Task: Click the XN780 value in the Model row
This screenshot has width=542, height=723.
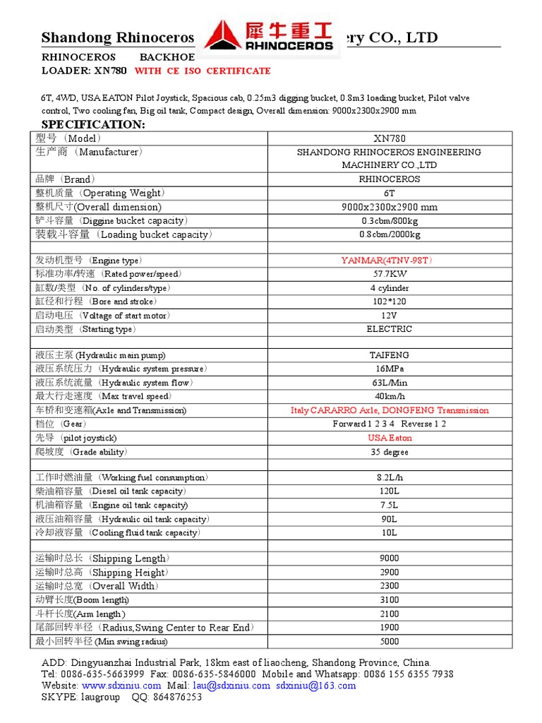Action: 390,138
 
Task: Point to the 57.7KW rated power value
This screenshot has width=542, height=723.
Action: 390,274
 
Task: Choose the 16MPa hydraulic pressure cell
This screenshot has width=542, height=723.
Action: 390,369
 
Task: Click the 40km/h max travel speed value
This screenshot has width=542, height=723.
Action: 390,397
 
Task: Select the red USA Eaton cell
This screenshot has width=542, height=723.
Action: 390,438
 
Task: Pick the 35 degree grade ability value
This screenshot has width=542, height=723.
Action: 390,452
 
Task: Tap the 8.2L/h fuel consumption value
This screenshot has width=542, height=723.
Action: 390,478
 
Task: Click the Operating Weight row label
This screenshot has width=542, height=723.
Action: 102,193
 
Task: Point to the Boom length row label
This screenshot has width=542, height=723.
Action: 83,600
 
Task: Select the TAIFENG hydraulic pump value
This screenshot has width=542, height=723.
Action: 390,356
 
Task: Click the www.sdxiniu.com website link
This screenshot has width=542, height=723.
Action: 121,686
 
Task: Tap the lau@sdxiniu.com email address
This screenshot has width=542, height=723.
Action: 230,686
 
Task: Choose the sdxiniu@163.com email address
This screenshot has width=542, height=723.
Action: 315,686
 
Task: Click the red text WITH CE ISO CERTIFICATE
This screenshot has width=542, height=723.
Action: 203,71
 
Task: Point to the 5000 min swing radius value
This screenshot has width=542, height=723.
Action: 390,642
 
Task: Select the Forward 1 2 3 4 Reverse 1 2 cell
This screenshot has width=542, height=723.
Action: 390,424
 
